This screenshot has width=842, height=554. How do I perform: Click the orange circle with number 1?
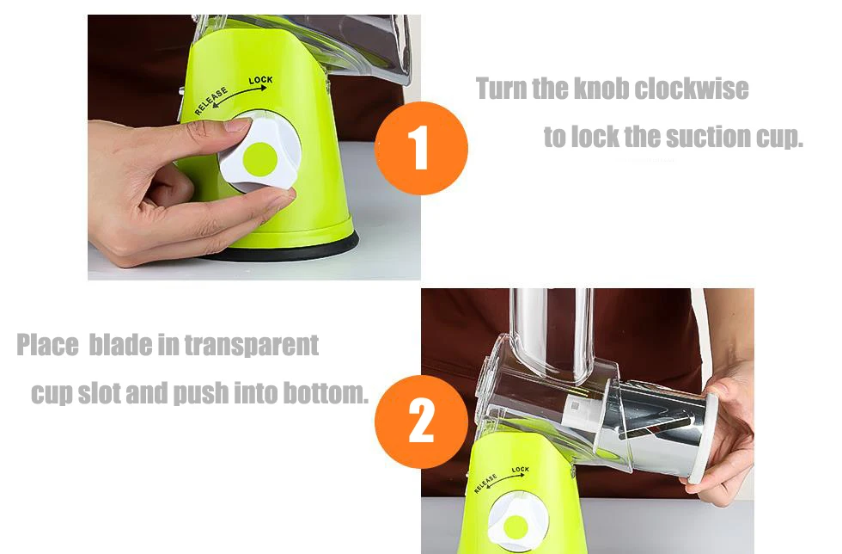coord(421,148)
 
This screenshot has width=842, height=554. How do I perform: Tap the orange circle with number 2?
coord(421,422)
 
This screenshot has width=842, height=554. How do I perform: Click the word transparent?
coord(252,345)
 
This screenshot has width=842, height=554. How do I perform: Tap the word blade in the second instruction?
coord(120,345)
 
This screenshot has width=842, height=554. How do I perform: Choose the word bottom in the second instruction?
coord(326,393)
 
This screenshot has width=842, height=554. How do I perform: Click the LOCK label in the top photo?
coord(261,81)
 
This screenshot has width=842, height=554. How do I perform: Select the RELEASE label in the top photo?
coord(210,102)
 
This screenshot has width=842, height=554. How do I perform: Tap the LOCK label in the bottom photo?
coord(521,470)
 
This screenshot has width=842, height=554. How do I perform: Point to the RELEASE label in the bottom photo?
coord(485,483)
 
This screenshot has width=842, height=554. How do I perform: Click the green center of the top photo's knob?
coord(259,158)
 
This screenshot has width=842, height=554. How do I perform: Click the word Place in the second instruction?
coord(47,345)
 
